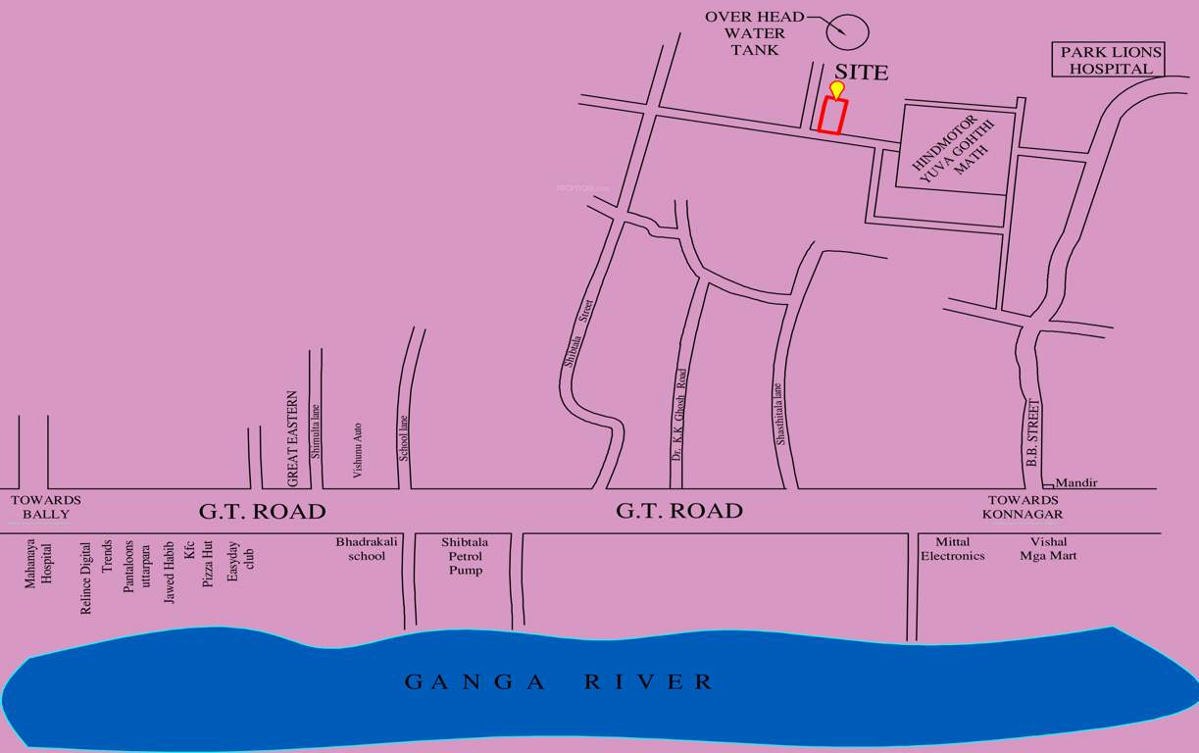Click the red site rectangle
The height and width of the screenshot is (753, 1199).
[x=832, y=116]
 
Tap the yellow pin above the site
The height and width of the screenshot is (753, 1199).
[x=836, y=90]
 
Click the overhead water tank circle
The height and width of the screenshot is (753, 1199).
[x=847, y=30]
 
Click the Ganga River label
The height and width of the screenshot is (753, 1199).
[x=560, y=682]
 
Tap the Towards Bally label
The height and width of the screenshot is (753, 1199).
[x=46, y=507]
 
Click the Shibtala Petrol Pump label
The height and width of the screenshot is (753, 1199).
[x=465, y=555]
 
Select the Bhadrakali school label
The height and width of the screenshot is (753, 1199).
[x=361, y=548]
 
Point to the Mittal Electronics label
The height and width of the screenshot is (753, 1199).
[x=952, y=548]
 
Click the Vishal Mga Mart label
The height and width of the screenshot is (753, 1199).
[x=1048, y=548]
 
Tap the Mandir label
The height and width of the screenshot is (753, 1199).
[x=1076, y=482]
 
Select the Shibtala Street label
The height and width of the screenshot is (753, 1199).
[x=578, y=333]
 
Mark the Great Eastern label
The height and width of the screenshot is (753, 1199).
[x=292, y=438]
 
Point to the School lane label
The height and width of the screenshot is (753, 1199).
[x=403, y=438]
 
